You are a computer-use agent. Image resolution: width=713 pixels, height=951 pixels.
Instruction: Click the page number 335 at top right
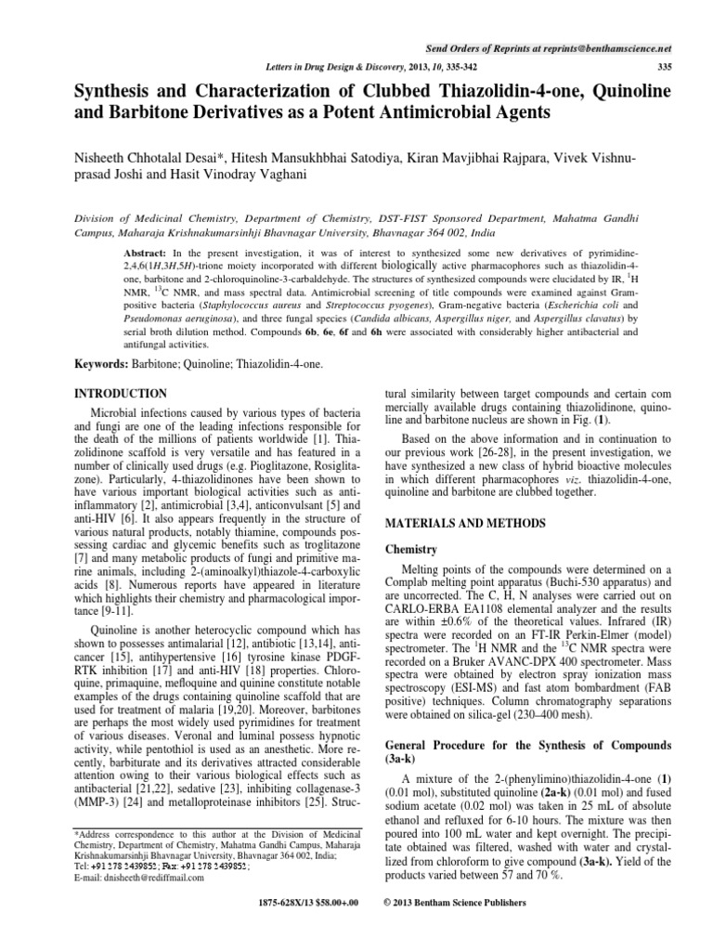[664, 66]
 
